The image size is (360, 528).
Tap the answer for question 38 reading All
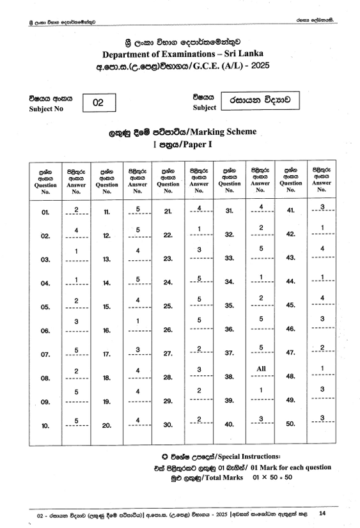261,369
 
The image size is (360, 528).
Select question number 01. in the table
45,212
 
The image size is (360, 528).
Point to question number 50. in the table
291,424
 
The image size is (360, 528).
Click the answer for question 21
200,209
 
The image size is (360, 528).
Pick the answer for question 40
261,419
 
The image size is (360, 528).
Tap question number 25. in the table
168,307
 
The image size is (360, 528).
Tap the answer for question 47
322,347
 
